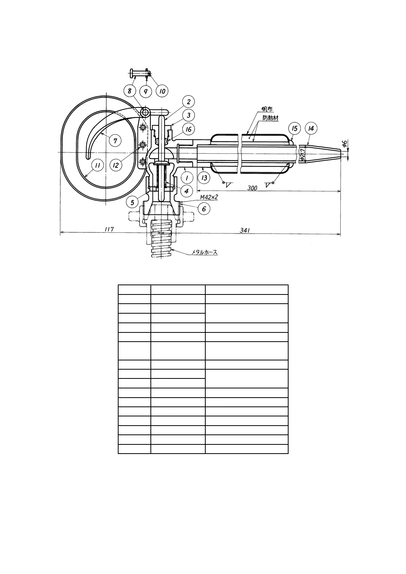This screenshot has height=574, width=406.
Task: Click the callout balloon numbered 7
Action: pos(115,141)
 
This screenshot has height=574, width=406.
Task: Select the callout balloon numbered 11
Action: pos(97,166)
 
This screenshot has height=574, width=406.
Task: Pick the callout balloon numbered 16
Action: pos(188,129)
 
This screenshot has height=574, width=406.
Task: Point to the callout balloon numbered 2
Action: pos(188,102)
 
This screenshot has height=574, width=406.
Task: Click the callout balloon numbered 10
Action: pos(162,91)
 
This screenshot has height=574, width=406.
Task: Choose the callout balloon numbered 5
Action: pos(132,203)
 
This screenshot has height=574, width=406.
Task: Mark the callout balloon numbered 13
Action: pos(204,178)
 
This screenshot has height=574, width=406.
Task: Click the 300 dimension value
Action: pos(252,188)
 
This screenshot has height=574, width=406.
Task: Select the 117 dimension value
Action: pos(109,229)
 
